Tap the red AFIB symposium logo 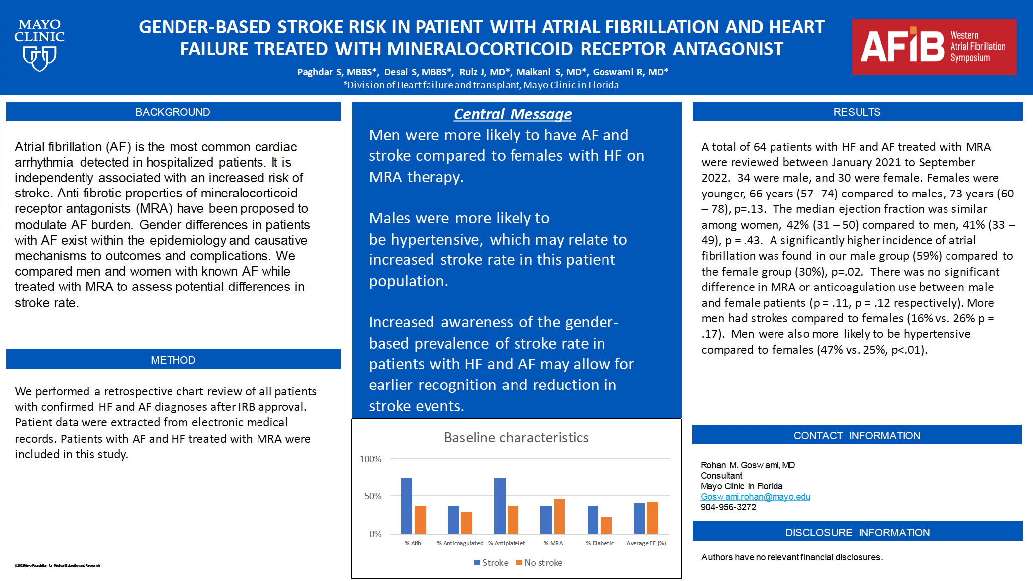(934, 47)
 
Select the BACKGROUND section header (173, 112)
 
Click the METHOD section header (173, 360)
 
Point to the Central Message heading (513, 114)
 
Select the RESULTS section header (857, 112)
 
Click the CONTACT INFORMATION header (857, 436)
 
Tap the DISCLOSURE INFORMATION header (857, 533)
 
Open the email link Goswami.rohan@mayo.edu (755, 497)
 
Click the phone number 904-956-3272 (728, 507)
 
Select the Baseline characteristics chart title (516, 438)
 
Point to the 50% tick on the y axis (373, 496)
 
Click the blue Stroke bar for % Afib (407, 505)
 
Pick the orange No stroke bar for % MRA (559, 516)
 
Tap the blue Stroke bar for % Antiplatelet (500, 505)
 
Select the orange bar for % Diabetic (606, 525)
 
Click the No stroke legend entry (539, 563)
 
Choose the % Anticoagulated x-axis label (460, 543)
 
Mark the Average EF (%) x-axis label (646, 543)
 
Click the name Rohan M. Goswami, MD (748, 465)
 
